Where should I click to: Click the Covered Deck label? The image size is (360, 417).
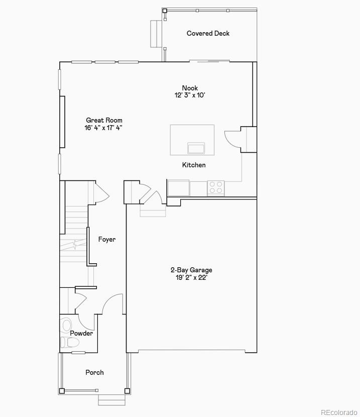(x=208, y=33)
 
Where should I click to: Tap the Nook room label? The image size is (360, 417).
(x=190, y=88)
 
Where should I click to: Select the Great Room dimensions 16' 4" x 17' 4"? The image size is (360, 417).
(x=103, y=128)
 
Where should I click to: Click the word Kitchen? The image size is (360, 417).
(x=194, y=165)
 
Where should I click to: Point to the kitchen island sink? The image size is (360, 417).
(x=196, y=148)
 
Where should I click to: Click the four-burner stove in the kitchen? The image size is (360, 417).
(x=216, y=188)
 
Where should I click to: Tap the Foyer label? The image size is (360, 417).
(x=106, y=240)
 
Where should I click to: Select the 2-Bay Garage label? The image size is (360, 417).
(x=191, y=270)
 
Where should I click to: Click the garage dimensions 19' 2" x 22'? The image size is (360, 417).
(x=191, y=277)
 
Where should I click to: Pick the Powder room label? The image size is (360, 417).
(x=81, y=333)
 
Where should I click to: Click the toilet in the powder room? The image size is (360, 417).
(x=71, y=343)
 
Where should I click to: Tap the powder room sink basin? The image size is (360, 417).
(x=67, y=325)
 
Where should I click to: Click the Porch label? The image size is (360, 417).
(x=94, y=372)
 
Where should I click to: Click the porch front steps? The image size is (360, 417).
(x=111, y=400)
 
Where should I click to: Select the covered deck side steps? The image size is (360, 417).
(x=156, y=34)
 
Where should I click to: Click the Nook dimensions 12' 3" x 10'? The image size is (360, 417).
(x=190, y=95)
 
